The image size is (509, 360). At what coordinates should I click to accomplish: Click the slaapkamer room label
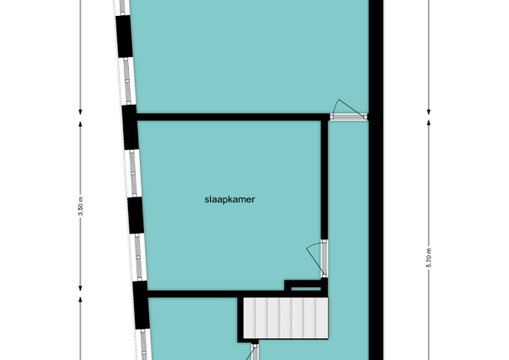pos(229,199)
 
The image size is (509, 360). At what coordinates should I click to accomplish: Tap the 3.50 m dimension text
pos(81,206)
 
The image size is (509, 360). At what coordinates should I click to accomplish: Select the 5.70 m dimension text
pos(429,257)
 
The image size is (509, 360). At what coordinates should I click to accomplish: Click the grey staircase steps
pos(286,318)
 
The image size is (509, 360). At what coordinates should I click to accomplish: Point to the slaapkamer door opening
pos(324,259)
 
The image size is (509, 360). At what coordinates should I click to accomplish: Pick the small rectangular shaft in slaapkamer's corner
pos(306,287)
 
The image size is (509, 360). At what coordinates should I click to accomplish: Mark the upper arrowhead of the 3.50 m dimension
pos(80,124)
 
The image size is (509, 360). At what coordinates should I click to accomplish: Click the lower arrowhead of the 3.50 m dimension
pos(80,288)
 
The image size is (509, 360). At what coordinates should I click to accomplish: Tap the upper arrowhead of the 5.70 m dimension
pos(429,123)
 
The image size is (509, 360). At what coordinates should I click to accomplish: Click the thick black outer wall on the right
pos(376,180)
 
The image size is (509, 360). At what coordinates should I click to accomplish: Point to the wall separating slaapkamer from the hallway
pos(324,179)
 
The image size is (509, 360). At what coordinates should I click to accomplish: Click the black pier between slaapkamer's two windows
pos(136,215)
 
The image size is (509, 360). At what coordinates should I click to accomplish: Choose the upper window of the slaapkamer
pos(132,173)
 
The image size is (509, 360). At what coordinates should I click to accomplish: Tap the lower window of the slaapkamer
pos(139,257)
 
